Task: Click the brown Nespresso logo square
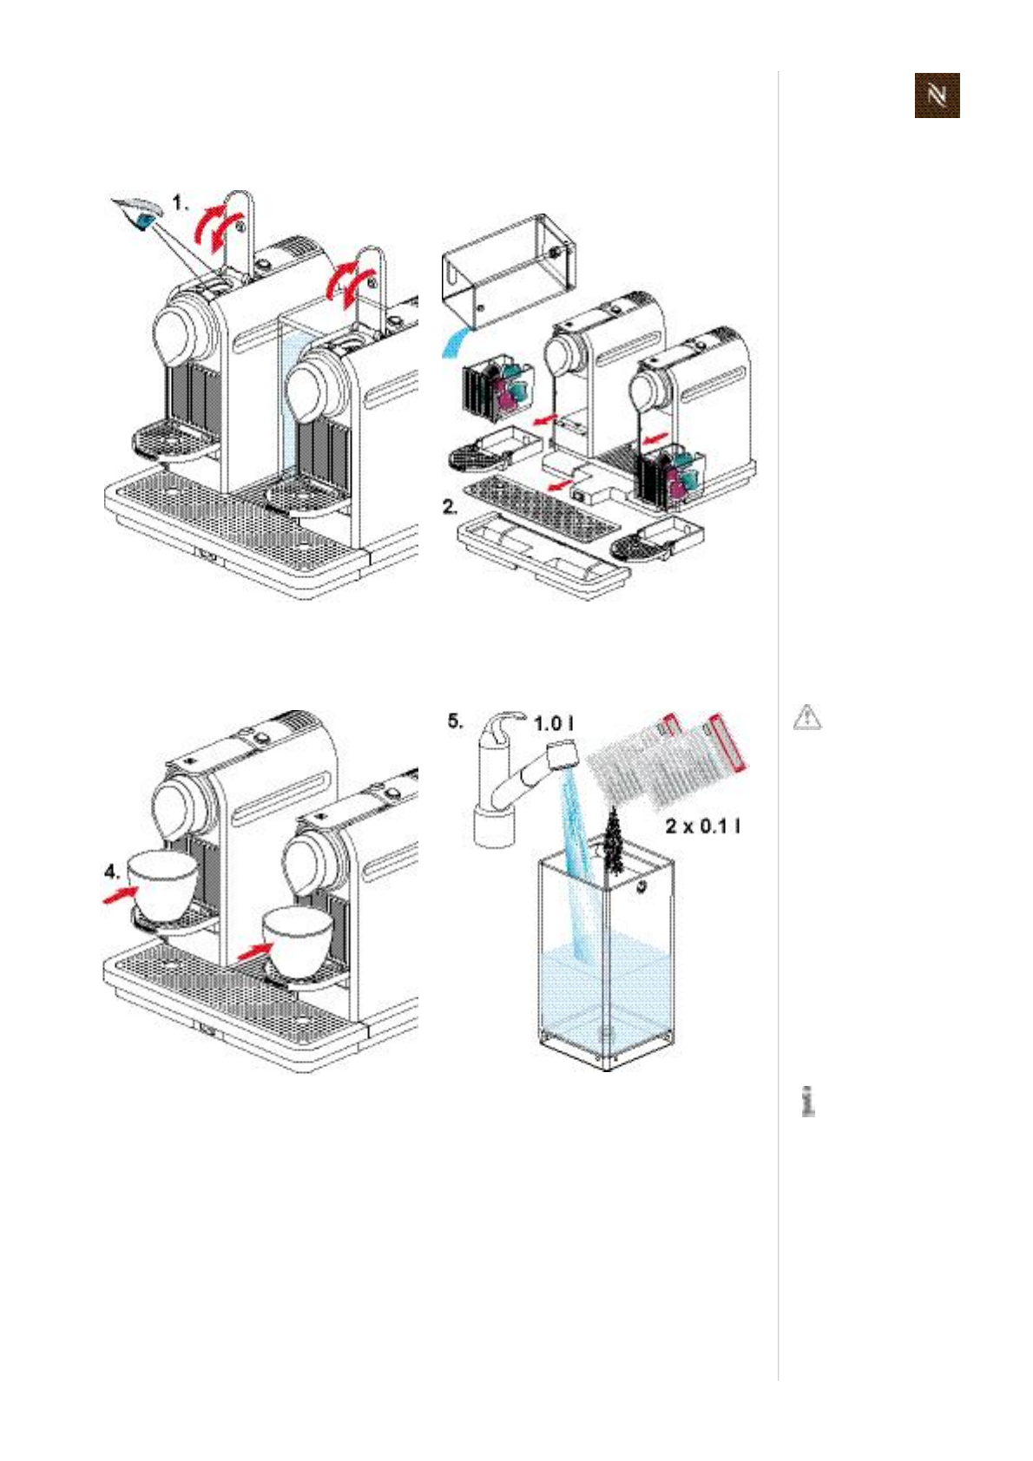click(x=937, y=95)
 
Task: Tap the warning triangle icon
click(x=807, y=717)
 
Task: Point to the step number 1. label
click(x=180, y=203)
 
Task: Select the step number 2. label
click(x=450, y=507)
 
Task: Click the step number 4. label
click(x=112, y=870)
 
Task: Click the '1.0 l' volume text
click(x=553, y=723)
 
